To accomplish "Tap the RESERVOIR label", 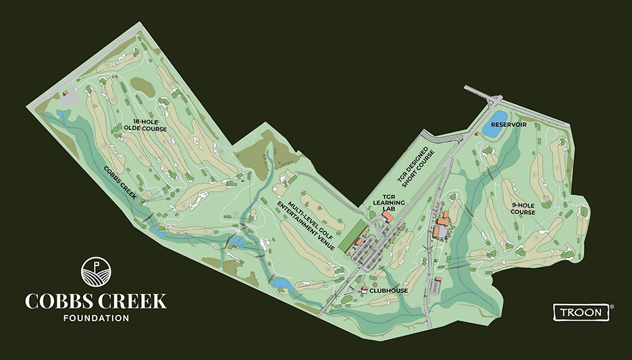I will click(508, 124).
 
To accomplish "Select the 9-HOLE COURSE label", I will click(523, 209).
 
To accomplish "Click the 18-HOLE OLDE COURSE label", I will click(144, 125).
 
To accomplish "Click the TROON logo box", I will click(581, 311).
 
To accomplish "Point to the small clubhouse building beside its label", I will click(365, 290).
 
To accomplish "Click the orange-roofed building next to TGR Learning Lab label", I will click(386, 217).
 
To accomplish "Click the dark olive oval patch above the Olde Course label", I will click(142, 85).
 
